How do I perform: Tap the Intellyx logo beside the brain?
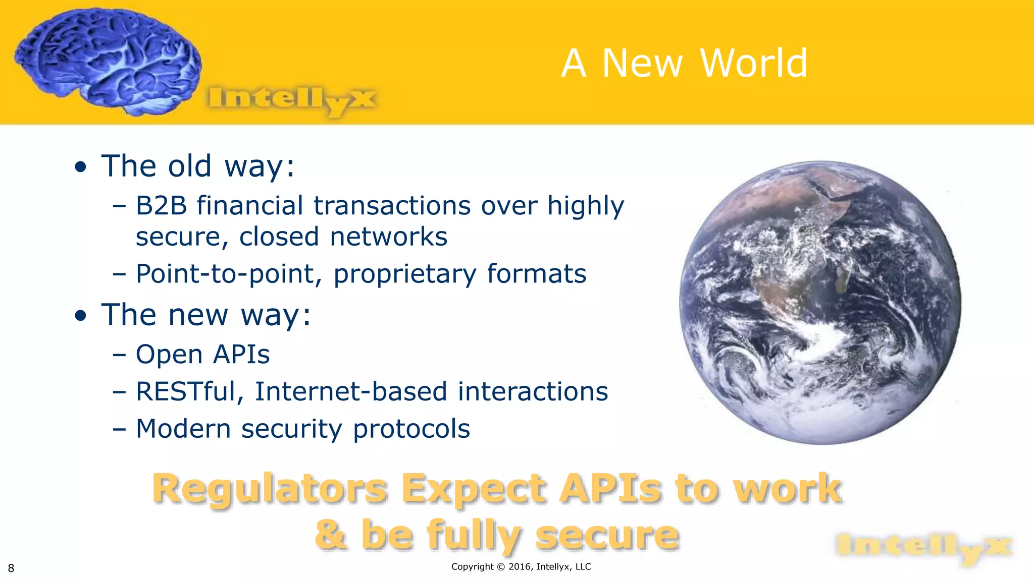291,99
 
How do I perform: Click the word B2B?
161,206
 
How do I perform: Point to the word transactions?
392,206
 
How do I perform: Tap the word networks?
388,237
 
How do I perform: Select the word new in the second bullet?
198,315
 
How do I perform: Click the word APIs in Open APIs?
241,354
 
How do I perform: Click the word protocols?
411,429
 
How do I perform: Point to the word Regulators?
270,489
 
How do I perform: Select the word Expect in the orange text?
474,489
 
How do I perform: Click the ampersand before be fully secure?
331,535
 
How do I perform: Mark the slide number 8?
11,568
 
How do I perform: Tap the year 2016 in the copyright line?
520,566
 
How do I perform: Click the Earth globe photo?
820,303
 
